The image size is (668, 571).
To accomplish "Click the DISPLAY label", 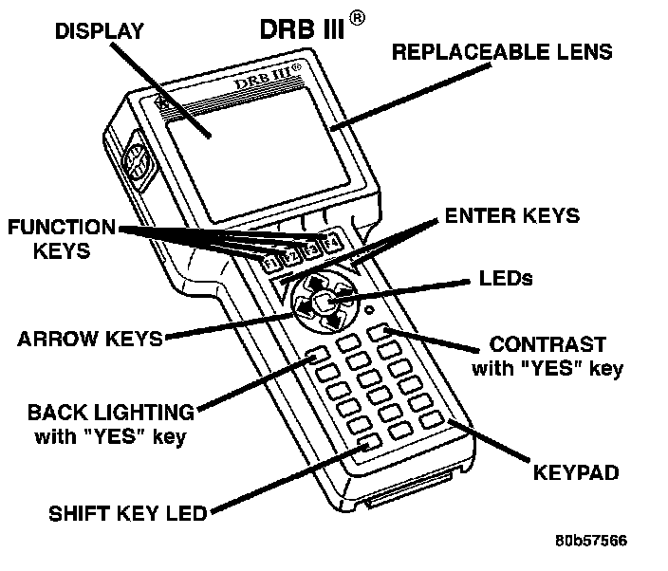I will point(99,30).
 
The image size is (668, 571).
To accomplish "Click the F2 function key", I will point(290,255).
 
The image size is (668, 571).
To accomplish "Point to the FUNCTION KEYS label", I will point(61,239).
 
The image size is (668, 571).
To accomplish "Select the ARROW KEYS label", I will point(90,339).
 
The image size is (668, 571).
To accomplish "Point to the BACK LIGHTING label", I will point(111,413).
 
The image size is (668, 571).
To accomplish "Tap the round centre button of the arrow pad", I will point(323,303).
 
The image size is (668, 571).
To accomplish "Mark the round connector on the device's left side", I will point(136,164).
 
